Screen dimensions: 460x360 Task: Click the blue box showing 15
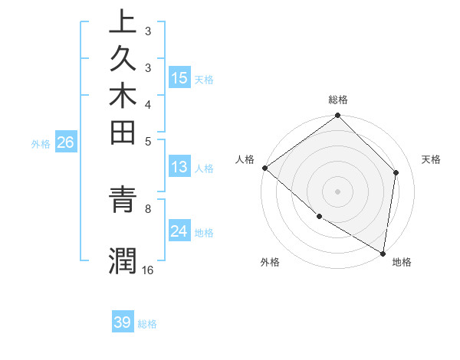pos(179,77)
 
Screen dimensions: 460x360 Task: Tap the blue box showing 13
pos(179,167)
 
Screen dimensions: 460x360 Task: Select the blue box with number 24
pos(179,231)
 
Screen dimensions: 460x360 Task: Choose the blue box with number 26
pos(65,142)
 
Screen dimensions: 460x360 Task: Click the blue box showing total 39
pos(123,322)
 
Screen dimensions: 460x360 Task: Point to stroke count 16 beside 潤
pos(147,270)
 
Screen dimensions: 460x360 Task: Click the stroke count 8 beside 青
pos(147,207)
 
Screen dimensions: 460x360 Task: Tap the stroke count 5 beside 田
pos(147,141)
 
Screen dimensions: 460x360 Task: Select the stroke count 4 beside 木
pos(147,103)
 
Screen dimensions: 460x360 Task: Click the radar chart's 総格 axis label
pos(338,100)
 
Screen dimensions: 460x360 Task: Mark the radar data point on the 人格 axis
pos(264,168)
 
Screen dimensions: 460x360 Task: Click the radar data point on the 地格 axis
pos(383,252)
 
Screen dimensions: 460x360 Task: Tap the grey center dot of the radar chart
pos(338,191)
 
